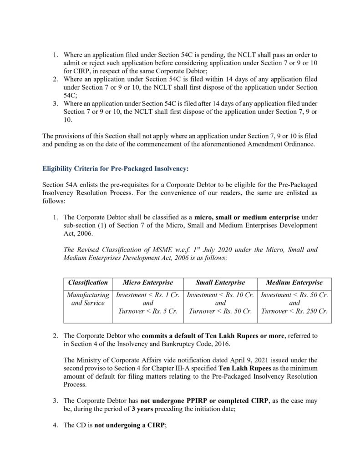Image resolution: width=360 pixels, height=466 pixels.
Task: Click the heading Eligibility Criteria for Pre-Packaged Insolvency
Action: click(x=115, y=168)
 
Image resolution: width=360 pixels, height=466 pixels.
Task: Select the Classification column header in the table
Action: click(x=88, y=283)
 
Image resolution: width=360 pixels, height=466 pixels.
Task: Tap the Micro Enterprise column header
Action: click(x=147, y=283)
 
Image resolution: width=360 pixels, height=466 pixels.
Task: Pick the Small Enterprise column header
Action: click(x=220, y=283)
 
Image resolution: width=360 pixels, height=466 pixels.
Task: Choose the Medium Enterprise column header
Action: click(x=294, y=283)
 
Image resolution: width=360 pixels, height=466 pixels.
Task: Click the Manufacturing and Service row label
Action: click(x=88, y=299)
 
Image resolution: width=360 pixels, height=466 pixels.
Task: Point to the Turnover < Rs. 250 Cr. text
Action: click(x=294, y=311)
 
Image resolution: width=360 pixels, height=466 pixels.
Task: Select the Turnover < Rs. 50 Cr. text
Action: click(x=220, y=311)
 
